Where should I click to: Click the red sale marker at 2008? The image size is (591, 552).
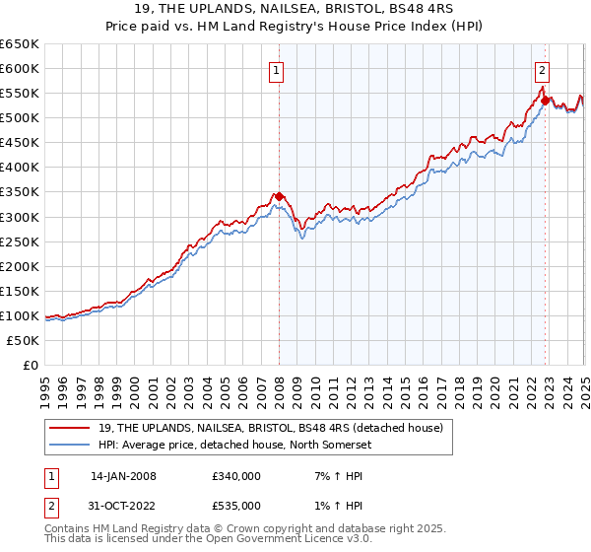click(279, 196)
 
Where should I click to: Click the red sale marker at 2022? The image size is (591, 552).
click(545, 100)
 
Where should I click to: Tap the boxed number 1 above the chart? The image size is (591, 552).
click(277, 70)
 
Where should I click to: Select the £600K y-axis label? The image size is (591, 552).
click(20, 68)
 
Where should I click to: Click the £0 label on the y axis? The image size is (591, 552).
click(30, 365)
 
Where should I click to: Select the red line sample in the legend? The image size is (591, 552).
click(68, 427)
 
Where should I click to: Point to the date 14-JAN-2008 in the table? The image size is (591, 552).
click(123, 476)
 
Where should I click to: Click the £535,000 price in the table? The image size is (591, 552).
click(235, 506)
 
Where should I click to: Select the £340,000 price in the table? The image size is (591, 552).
click(235, 476)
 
